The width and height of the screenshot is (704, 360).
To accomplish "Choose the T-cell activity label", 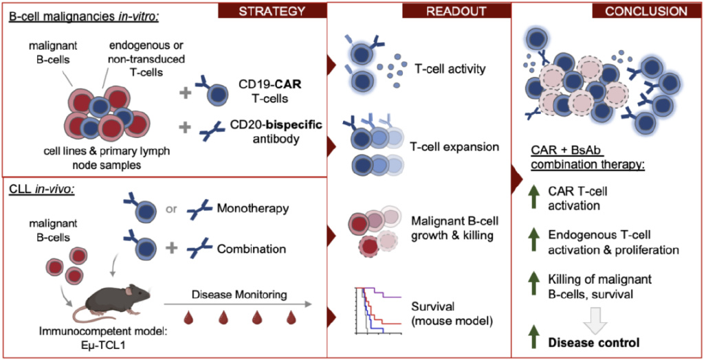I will pyautogui.click(x=450, y=69).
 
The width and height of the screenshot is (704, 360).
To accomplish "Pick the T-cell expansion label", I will pyautogui.click(x=454, y=147).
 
